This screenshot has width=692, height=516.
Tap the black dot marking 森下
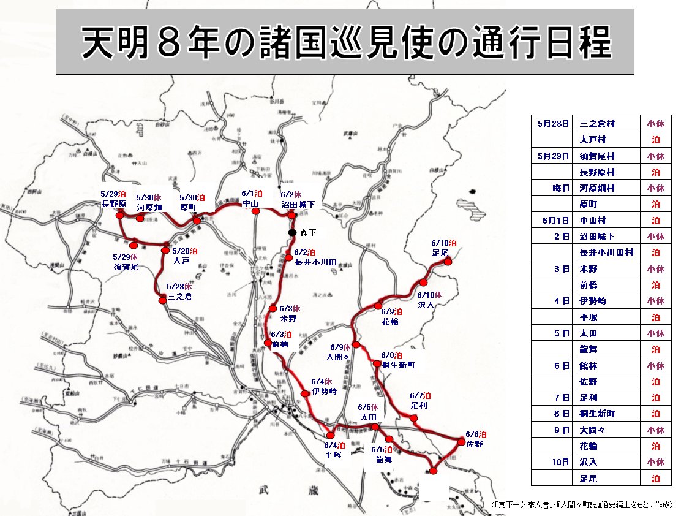(x=291, y=233)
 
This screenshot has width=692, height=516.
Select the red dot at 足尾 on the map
(x=448, y=262)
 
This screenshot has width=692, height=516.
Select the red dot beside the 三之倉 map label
(x=163, y=300)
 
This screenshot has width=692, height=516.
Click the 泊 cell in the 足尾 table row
(x=655, y=477)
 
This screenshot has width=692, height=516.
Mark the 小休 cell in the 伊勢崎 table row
(x=655, y=300)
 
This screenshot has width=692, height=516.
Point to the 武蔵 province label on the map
(x=288, y=490)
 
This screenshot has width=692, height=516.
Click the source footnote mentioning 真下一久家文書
(x=582, y=504)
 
